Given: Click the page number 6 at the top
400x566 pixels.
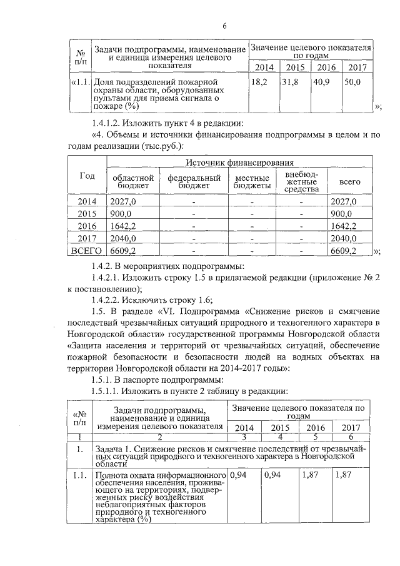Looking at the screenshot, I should coord(224,25).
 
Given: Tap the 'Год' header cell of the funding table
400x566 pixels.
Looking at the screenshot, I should coord(87,176).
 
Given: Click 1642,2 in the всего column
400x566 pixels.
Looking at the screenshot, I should coord(343,226).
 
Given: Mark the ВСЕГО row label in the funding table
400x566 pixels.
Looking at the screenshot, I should coord(87,251).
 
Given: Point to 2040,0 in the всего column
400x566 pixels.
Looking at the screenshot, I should coord(343,238).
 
